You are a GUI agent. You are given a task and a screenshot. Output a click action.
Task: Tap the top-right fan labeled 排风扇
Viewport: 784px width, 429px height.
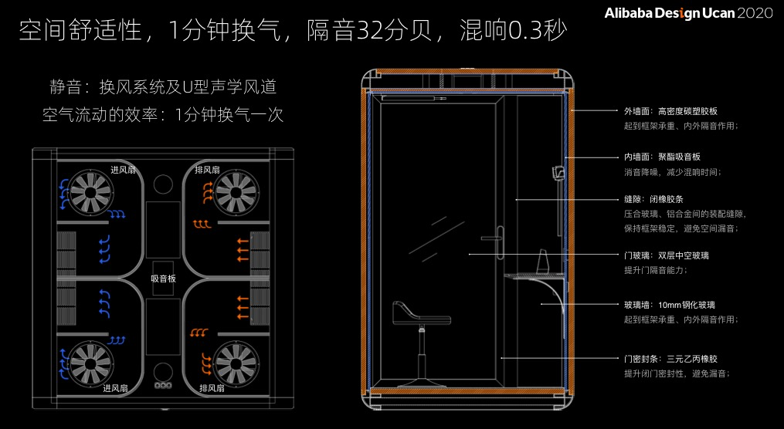tap(236, 188)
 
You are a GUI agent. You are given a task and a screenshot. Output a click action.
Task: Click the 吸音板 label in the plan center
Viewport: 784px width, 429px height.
tap(164, 279)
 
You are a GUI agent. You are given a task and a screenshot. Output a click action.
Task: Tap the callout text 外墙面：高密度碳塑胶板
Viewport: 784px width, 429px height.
tap(670, 111)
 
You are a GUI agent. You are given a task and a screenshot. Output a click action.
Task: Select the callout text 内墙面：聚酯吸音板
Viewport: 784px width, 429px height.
tap(662, 157)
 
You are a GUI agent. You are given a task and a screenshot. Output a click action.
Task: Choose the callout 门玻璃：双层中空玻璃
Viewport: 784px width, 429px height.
tap(666, 255)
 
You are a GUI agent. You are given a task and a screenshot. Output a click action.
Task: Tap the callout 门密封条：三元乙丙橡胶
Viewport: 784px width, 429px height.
tap(670, 359)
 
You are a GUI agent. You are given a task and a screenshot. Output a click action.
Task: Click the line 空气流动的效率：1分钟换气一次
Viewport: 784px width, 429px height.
tap(163, 115)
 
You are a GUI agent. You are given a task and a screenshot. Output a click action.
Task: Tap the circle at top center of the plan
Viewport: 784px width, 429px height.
tap(164, 184)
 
